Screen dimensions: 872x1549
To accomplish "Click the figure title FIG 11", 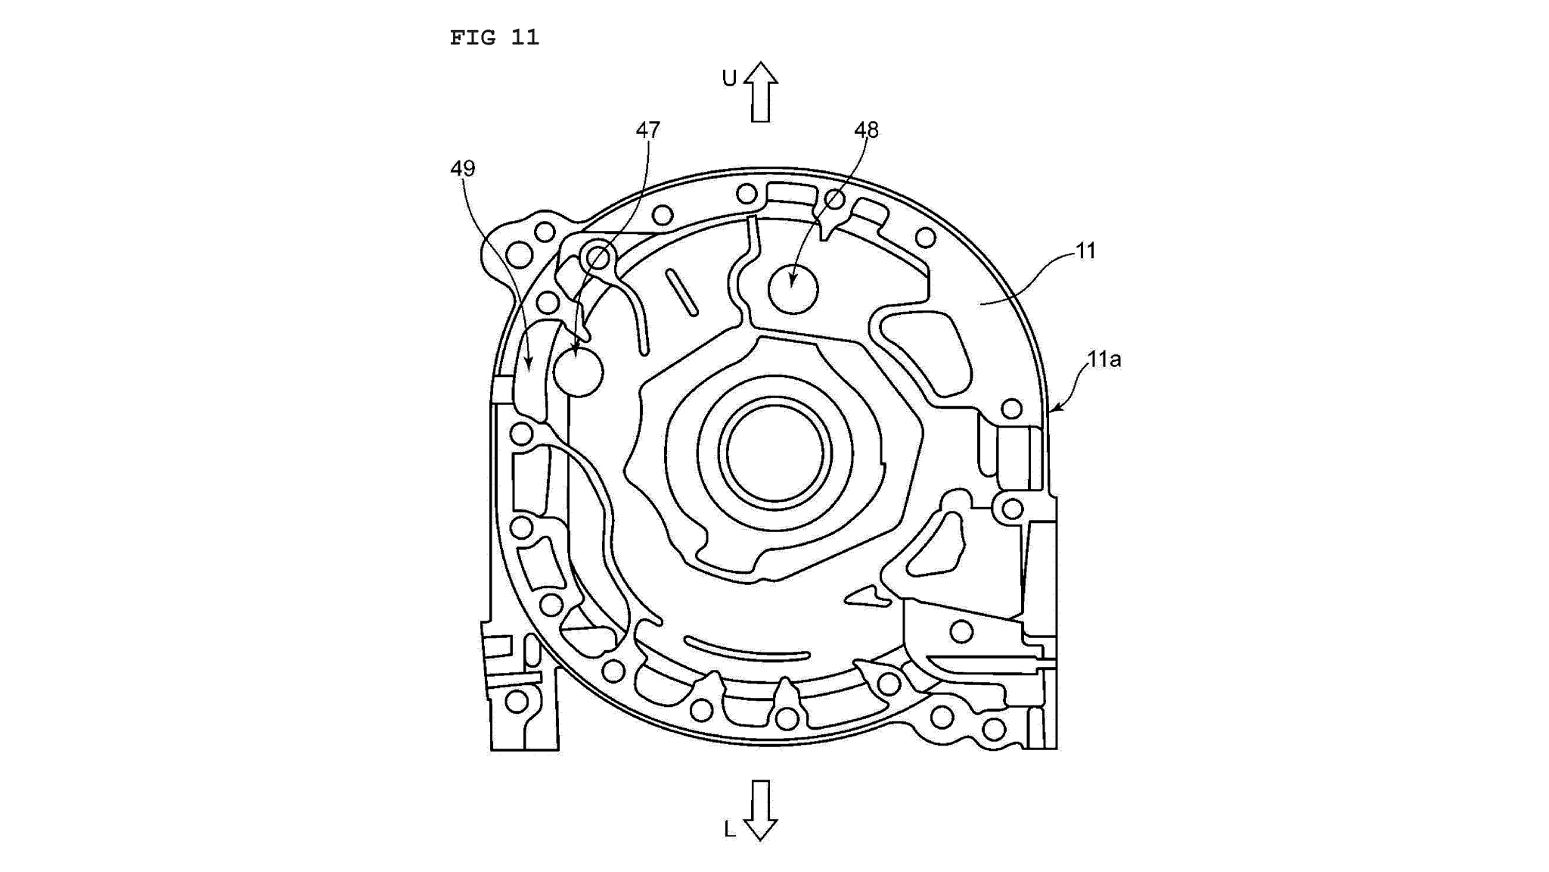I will (494, 37).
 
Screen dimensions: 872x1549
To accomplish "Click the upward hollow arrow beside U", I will (760, 92).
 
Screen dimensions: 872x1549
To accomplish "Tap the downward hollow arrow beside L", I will (760, 810).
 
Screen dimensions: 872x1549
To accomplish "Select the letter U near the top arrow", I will (729, 79).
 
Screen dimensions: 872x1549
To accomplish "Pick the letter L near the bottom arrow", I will (729, 830).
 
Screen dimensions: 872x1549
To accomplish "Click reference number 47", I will (648, 130).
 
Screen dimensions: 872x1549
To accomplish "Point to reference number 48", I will (867, 130).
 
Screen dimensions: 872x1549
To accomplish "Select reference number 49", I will (462, 168).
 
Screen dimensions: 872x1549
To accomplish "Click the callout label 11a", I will (1104, 360).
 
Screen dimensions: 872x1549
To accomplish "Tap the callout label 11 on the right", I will (1086, 251).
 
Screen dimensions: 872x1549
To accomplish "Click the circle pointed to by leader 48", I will (793, 289).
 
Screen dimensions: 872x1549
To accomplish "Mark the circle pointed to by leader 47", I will (578, 372).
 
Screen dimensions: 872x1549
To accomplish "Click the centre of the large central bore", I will (774, 454).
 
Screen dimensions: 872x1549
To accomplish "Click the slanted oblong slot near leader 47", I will (681, 291).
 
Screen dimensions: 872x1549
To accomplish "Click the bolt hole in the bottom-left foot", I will (517, 702).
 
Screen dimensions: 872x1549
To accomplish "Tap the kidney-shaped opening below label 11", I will (927, 352).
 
